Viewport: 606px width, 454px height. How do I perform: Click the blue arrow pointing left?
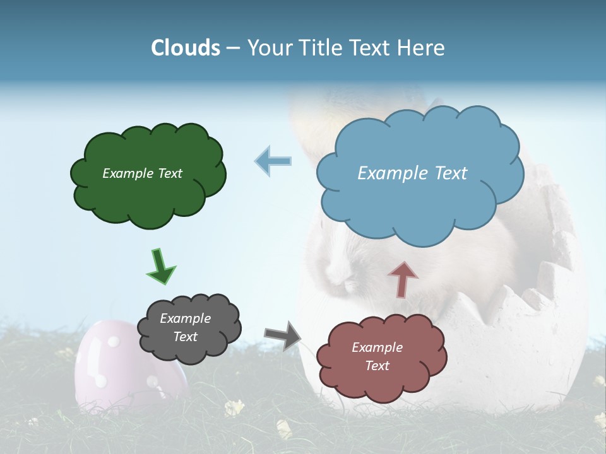(273, 161)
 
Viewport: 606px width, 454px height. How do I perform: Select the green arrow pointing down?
(160, 265)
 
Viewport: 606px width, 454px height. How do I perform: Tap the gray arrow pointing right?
(282, 335)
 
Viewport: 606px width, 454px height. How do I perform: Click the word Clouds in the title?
(186, 48)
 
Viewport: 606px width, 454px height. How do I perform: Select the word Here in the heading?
(422, 48)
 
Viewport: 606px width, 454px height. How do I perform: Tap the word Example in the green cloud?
(128, 173)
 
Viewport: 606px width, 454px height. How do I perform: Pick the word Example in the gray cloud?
(185, 318)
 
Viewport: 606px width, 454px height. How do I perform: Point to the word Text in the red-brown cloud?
(377, 366)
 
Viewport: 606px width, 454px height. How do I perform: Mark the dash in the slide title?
(233, 49)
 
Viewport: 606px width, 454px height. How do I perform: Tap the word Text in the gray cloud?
(185, 337)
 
